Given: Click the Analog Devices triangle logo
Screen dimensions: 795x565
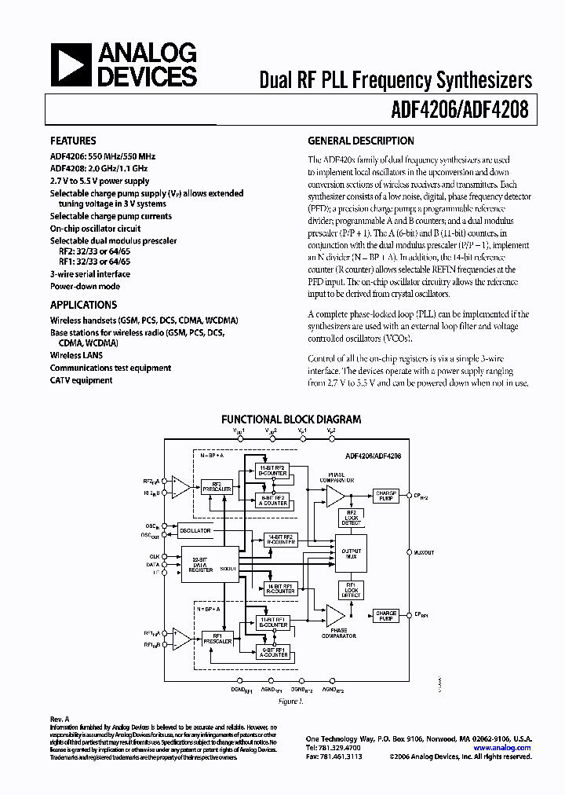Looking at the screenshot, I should pyautogui.click(x=71, y=64).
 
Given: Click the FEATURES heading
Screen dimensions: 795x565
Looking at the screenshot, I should pyautogui.click(x=74, y=141).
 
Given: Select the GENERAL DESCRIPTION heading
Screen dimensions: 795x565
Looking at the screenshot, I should pyautogui.click(x=360, y=141).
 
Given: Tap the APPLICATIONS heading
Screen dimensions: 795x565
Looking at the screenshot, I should pyautogui.click(x=83, y=305).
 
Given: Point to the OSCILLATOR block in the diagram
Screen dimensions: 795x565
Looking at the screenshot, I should pyautogui.click(x=195, y=531).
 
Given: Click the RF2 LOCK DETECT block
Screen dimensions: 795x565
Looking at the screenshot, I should pyautogui.click(x=350, y=518).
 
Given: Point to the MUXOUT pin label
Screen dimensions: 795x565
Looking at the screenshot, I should pyautogui.click(x=425, y=552).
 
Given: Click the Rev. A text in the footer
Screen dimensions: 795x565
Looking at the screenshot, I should pyautogui.click(x=60, y=719).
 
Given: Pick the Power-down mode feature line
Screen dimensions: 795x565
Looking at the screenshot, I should pyautogui.click(x=85, y=286).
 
